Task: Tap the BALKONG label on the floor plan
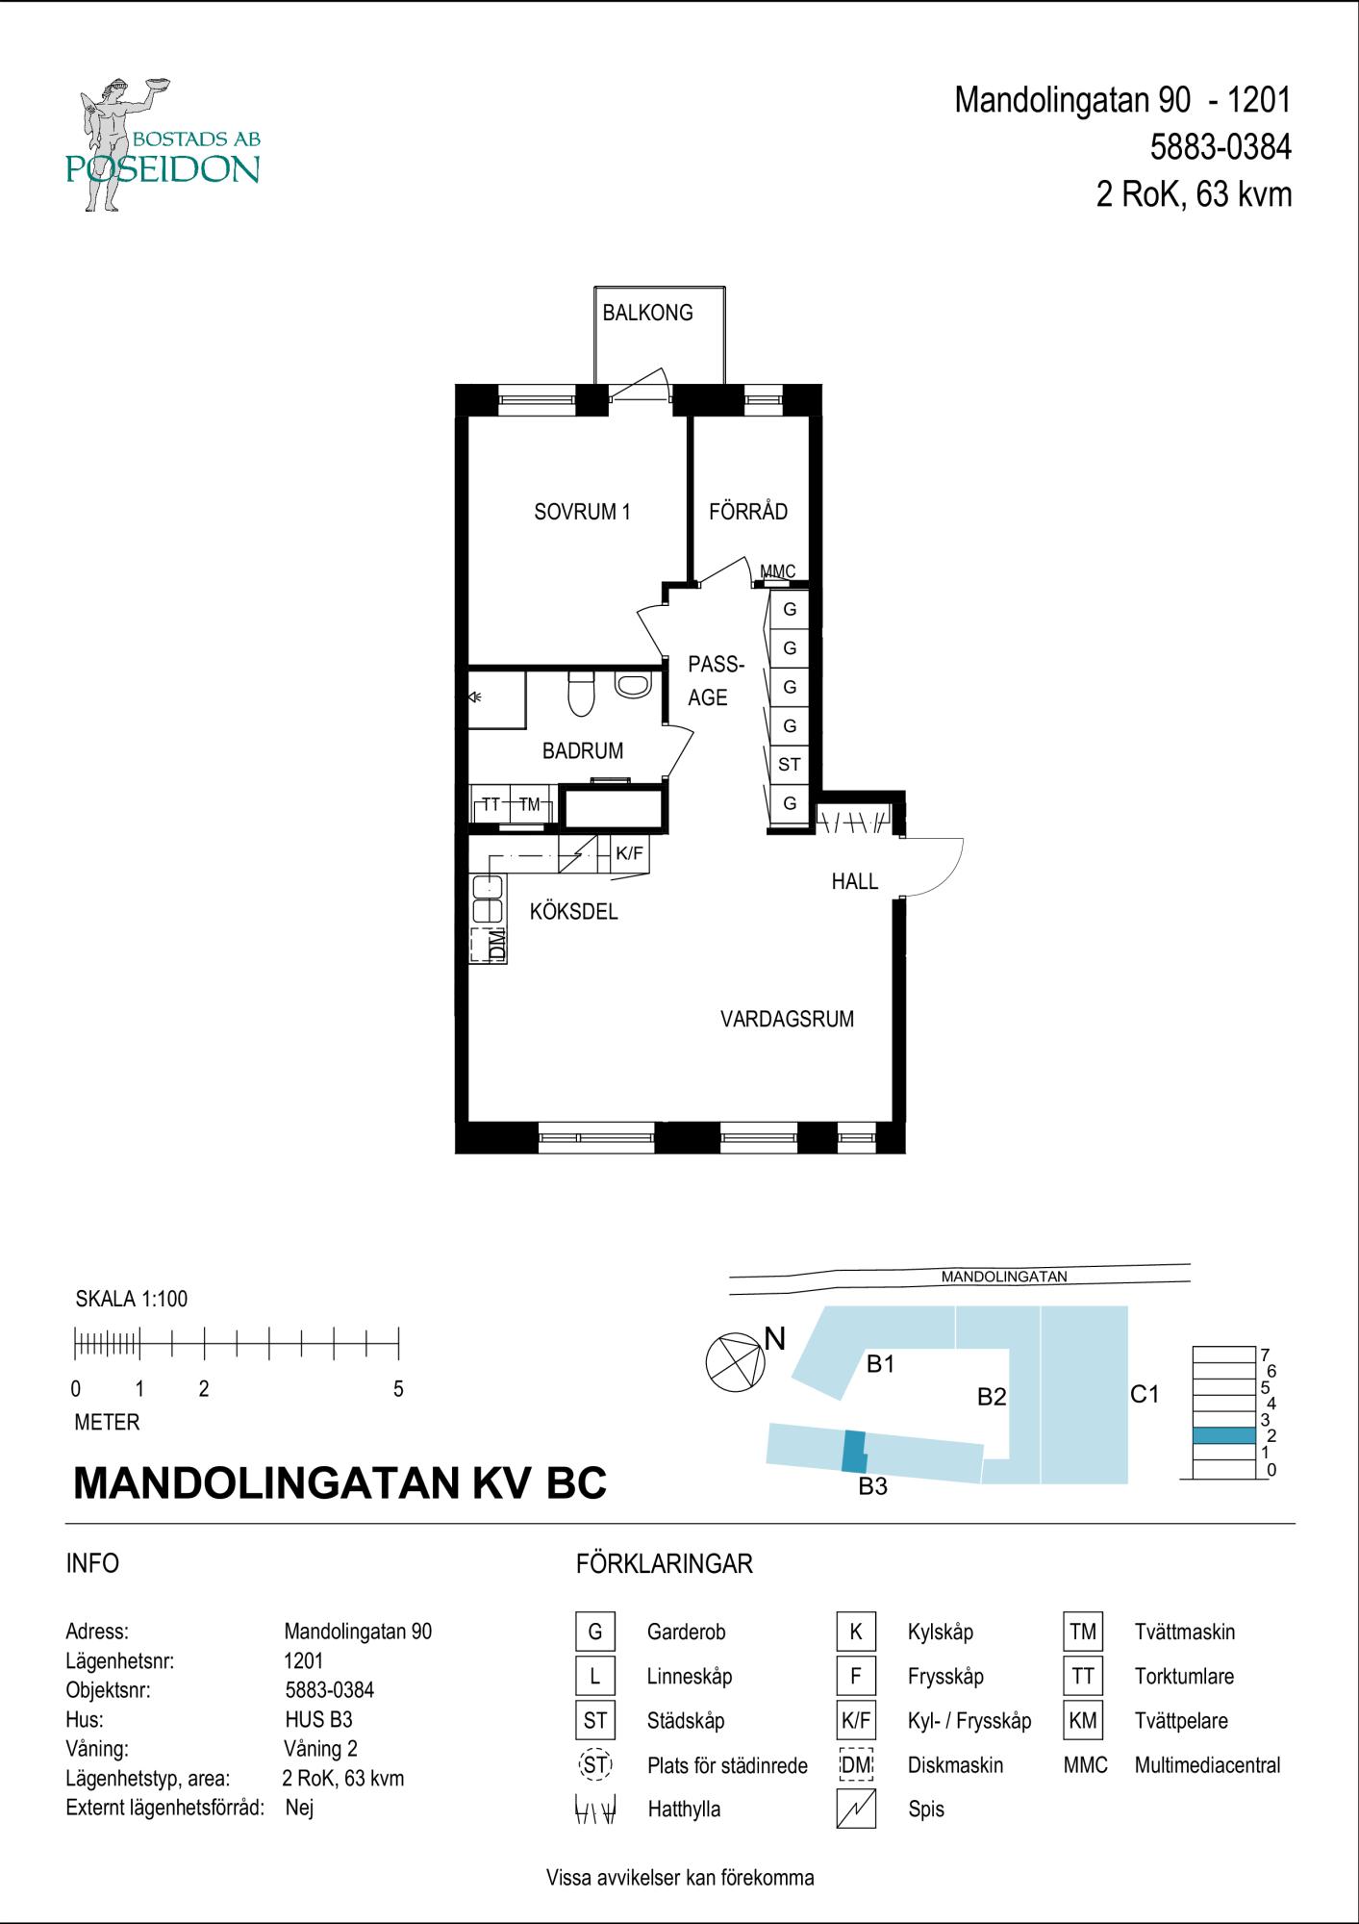(x=647, y=313)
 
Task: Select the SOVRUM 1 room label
(x=582, y=512)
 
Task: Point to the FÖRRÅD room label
(x=748, y=512)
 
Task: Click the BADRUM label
(x=583, y=751)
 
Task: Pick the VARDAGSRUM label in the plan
(x=788, y=1020)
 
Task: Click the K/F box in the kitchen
(x=629, y=853)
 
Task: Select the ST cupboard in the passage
(x=790, y=765)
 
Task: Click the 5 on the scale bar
(x=398, y=1389)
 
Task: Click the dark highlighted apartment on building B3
(x=854, y=1451)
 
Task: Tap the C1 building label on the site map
(x=1145, y=1394)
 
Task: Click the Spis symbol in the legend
(x=856, y=1810)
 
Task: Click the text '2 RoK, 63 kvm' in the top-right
(x=1194, y=195)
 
